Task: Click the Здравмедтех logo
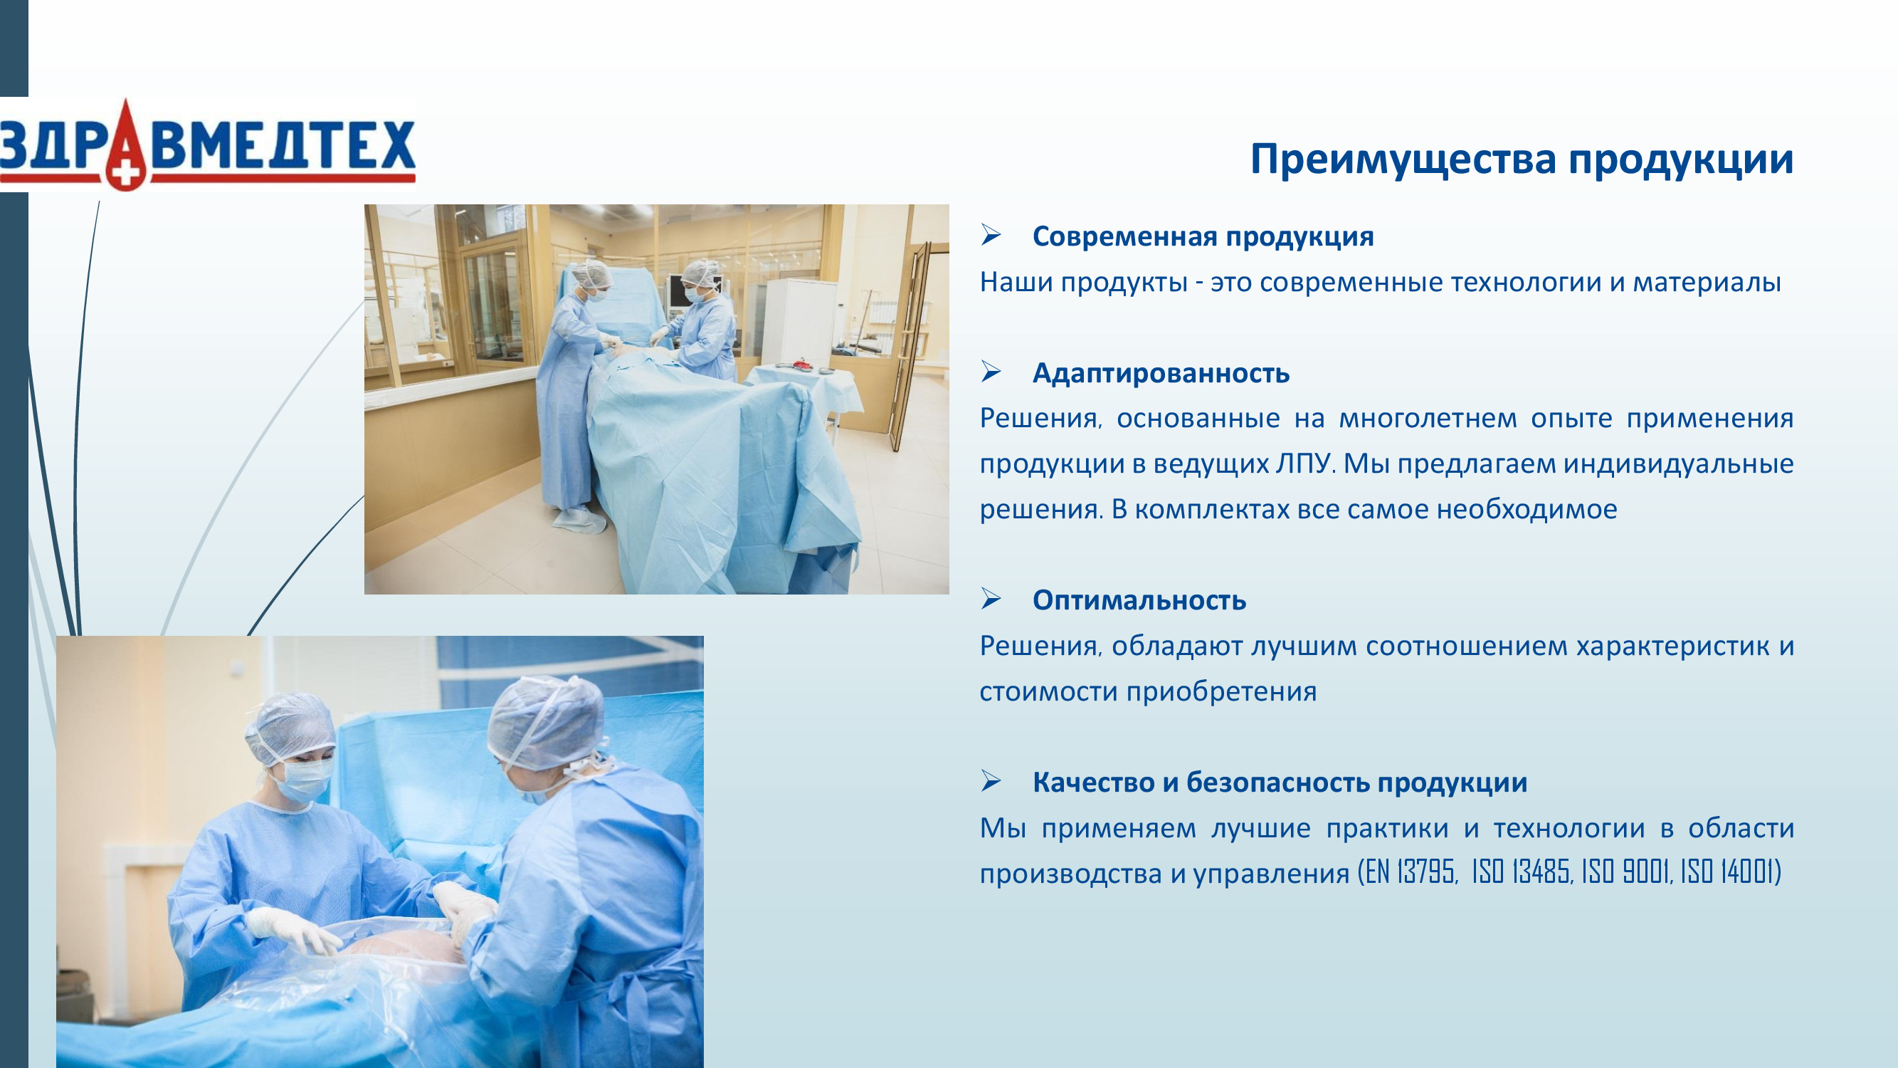point(208,145)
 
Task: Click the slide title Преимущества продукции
point(1522,160)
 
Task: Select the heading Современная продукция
point(1203,236)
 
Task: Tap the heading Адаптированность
point(1161,373)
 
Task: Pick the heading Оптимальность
point(1139,600)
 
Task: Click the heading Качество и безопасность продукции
point(1280,782)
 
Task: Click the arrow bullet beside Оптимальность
point(991,600)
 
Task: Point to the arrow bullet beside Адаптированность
point(991,372)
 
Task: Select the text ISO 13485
point(1522,872)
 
